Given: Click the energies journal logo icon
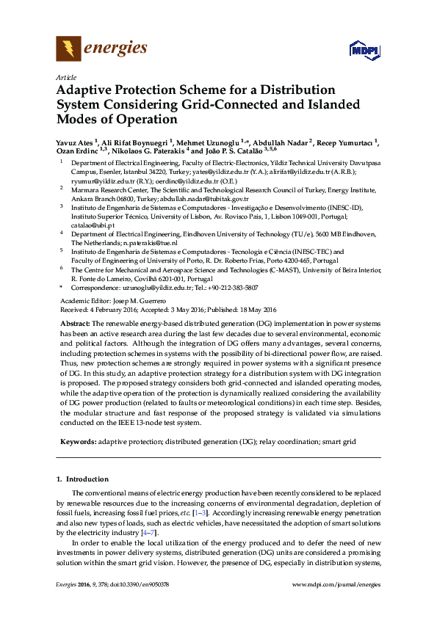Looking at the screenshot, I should [68, 49].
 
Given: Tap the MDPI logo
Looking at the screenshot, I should [364, 50].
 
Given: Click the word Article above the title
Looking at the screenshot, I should [64, 76].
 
